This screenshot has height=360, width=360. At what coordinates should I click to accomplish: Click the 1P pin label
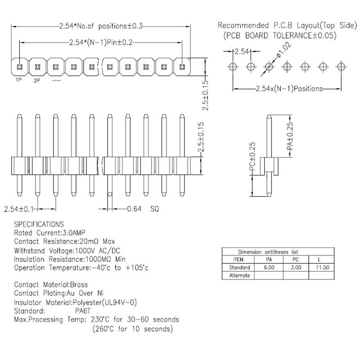18,80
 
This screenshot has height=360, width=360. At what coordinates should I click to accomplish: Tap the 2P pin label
37,81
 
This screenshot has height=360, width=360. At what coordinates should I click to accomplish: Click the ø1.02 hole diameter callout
284,50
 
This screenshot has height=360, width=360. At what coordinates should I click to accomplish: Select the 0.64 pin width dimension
134,209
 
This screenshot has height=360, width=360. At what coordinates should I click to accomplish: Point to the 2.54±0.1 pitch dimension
18,209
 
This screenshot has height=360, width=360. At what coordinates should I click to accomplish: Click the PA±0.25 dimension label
290,136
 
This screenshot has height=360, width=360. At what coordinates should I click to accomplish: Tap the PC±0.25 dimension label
252,157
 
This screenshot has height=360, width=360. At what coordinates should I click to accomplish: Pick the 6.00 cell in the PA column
269,267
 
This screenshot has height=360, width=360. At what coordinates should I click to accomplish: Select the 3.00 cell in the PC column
296,267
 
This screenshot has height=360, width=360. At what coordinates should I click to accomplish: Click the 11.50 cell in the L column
322,267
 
